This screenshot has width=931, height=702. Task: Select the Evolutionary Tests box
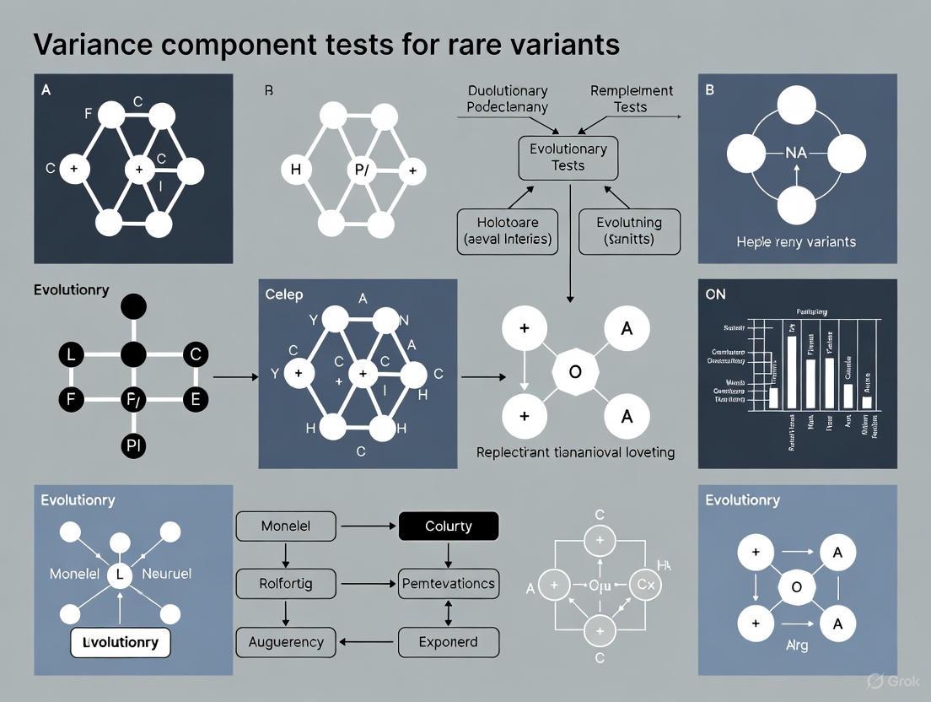[x=568, y=158]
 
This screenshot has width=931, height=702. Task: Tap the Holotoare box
[x=506, y=231]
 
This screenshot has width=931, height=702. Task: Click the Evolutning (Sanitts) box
[x=628, y=231]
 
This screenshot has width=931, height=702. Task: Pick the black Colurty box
[x=448, y=526]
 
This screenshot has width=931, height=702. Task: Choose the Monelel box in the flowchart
[x=285, y=526]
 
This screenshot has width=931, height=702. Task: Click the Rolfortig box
[x=285, y=583]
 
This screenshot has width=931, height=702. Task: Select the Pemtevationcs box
[x=448, y=583]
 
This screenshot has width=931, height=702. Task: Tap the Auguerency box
[x=285, y=642]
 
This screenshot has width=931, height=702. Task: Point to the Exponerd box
[x=448, y=642]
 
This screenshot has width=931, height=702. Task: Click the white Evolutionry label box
[x=121, y=642]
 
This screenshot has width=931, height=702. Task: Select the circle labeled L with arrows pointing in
[x=120, y=575]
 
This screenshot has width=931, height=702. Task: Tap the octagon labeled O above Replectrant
[x=575, y=371]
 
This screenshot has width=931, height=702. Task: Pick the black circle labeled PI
[x=133, y=447]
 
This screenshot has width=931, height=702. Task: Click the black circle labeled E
[x=195, y=398]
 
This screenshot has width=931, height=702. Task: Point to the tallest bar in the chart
[x=791, y=371]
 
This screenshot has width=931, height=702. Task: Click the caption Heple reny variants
[x=795, y=241]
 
